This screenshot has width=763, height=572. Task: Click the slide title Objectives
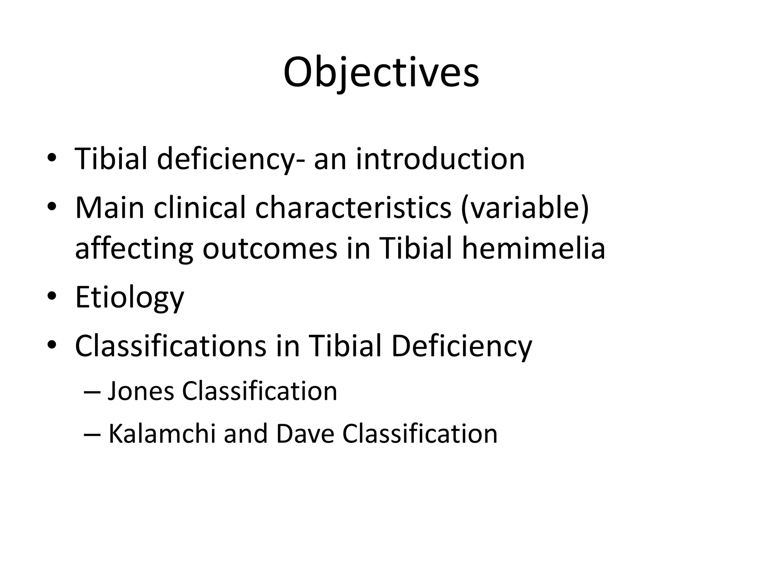point(381,73)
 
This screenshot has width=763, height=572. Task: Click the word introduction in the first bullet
point(440,159)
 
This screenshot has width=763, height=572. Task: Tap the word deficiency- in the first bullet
point(230,159)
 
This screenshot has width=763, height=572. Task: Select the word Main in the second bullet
point(110,208)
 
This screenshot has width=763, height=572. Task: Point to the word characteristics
point(353,208)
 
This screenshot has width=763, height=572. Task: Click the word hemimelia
point(534,249)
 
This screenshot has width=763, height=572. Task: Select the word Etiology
point(129,298)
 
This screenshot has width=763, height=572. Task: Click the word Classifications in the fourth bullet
point(171,346)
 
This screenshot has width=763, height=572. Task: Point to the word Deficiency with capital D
point(462,346)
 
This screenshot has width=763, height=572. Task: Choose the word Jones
point(141,391)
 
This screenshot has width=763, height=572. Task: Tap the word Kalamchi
point(162,434)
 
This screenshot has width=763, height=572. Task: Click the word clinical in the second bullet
point(200,208)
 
